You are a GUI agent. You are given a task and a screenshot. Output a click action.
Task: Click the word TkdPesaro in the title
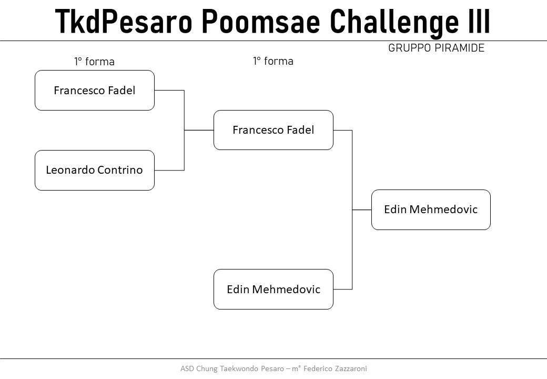(x=124, y=21)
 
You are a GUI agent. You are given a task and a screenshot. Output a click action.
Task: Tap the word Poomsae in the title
(x=261, y=21)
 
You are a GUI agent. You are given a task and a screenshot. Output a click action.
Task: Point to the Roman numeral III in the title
(x=479, y=21)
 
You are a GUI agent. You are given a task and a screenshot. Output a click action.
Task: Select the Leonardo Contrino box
(x=95, y=171)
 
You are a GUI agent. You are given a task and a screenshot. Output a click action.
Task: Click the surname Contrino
(x=120, y=170)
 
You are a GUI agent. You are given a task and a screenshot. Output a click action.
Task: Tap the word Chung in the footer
(x=207, y=369)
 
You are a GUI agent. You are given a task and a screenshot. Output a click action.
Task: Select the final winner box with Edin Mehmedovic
(x=431, y=210)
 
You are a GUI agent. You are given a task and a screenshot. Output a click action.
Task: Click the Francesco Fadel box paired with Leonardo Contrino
(x=95, y=91)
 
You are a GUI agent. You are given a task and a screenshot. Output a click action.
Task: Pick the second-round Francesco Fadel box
(x=273, y=130)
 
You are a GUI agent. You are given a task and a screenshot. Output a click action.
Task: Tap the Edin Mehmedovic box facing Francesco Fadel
(x=273, y=290)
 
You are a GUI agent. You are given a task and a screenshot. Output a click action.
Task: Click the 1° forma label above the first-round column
(x=94, y=62)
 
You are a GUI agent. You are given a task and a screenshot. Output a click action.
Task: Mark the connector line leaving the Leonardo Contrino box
(x=169, y=171)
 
